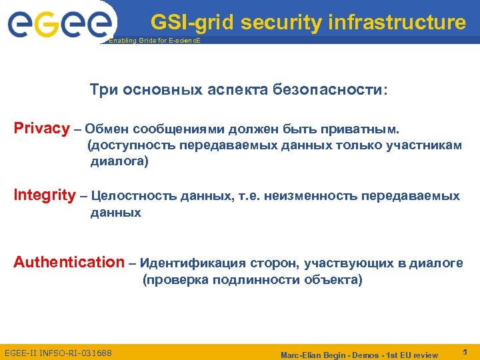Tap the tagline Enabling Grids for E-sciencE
(154, 41)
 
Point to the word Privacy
(41, 128)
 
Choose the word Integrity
(45, 195)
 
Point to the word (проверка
(175, 280)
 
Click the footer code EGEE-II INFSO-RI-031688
(58, 352)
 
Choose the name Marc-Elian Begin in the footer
(318, 354)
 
